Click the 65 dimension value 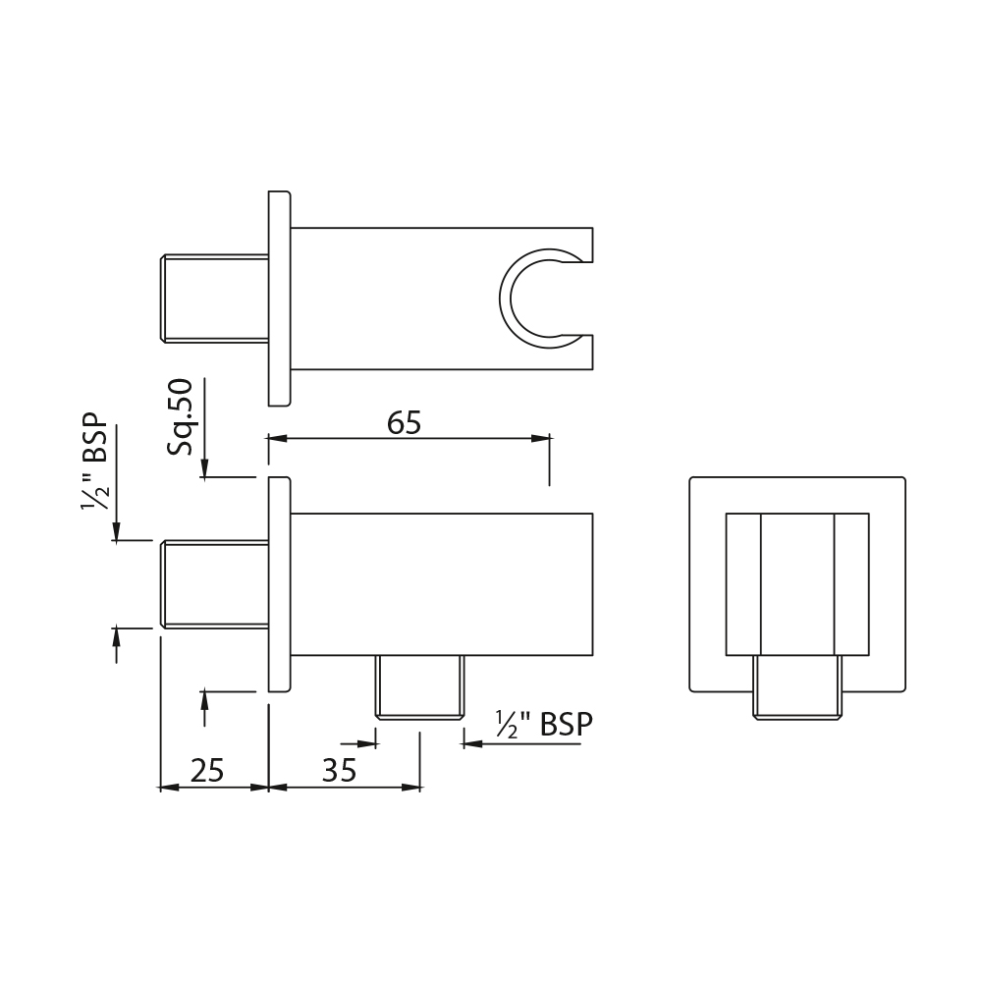(x=404, y=422)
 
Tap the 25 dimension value (x=207, y=770)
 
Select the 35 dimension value (x=339, y=770)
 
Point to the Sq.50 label (x=181, y=417)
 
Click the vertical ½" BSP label (x=94, y=463)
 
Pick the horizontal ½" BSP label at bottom (x=544, y=725)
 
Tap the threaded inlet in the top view (x=215, y=299)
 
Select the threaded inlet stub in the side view (x=215, y=584)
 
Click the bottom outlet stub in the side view (x=419, y=687)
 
